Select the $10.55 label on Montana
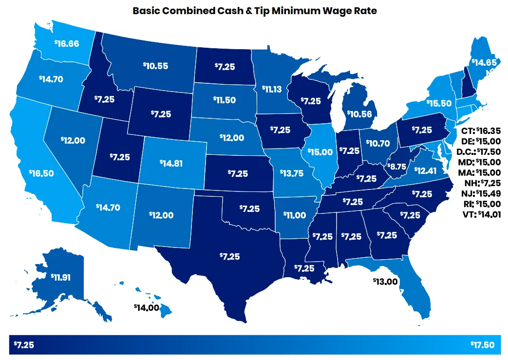coord(155,66)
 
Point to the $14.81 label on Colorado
coord(171,163)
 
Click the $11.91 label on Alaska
coord(61,277)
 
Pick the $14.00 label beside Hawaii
coord(146,307)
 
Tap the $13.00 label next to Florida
coord(385,281)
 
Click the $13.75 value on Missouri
coord(291,172)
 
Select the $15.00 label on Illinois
coord(320,152)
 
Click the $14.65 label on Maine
coord(483,62)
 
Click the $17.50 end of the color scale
coord(482,345)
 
